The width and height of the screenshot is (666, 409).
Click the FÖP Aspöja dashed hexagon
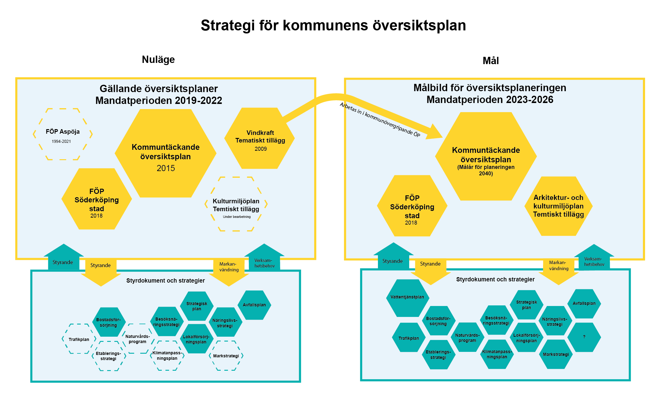click(x=63, y=134)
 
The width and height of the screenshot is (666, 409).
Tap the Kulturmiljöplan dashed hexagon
click(x=236, y=204)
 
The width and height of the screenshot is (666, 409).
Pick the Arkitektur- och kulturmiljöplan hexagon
click(x=558, y=206)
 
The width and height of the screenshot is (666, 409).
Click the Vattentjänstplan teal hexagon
click(x=407, y=297)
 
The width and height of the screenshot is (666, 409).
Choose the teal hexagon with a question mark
click(x=584, y=337)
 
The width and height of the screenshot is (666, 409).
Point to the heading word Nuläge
click(x=158, y=60)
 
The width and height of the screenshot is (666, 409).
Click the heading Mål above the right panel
click(x=491, y=61)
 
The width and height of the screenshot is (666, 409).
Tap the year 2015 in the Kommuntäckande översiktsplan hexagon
click(x=166, y=168)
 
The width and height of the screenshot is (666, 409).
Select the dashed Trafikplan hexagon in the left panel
click(x=79, y=339)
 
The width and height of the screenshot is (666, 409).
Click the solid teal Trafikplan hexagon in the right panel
click(x=409, y=338)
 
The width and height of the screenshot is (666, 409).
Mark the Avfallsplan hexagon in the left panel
click(x=254, y=305)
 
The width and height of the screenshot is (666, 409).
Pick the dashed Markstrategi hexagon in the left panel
click(x=226, y=356)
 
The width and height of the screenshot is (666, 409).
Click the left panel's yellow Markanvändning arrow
click(x=229, y=270)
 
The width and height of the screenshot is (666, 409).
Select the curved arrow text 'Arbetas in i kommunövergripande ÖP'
click(x=379, y=120)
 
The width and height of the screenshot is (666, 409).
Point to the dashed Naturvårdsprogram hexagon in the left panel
click(x=138, y=339)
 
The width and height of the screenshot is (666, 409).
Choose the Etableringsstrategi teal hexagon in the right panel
click(x=438, y=355)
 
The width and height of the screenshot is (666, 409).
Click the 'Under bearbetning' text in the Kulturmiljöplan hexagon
click(x=237, y=217)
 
